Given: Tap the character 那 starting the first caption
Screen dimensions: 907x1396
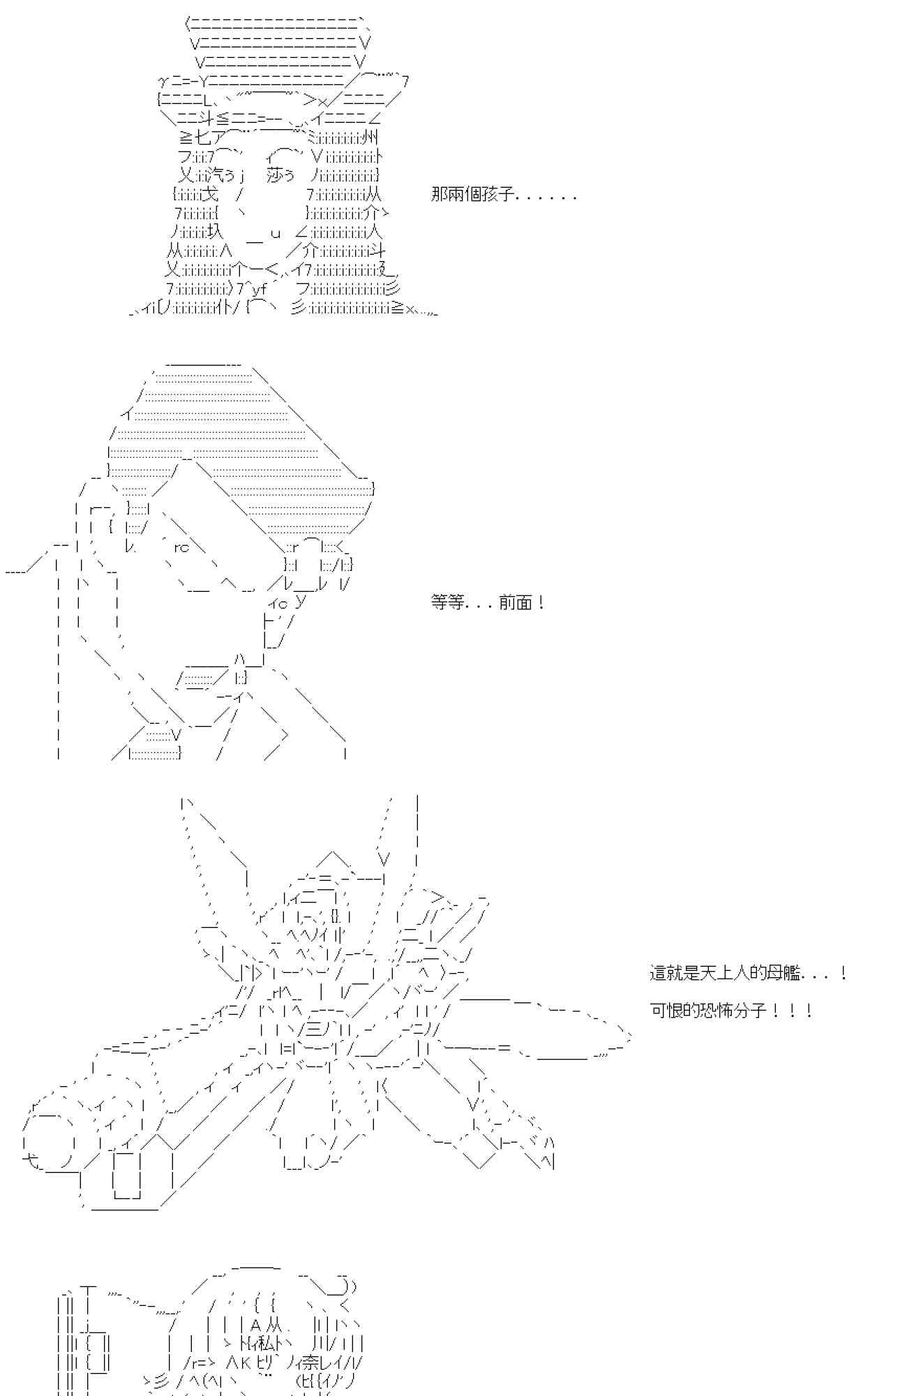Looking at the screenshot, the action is [440, 195].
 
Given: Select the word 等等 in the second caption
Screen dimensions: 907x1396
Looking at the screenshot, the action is [447, 602].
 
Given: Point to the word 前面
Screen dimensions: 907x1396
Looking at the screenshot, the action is [516, 602].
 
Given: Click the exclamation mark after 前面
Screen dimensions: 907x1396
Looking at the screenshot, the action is [542, 602].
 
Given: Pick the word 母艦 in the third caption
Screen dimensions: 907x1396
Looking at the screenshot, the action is [784, 973].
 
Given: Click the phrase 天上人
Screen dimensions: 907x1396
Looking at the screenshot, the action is [726, 973].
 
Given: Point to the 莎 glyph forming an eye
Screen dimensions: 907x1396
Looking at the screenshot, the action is [275, 175].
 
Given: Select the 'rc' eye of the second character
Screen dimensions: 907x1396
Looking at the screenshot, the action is [181, 547].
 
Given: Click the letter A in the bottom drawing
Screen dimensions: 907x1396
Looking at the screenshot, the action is [255, 1325].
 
